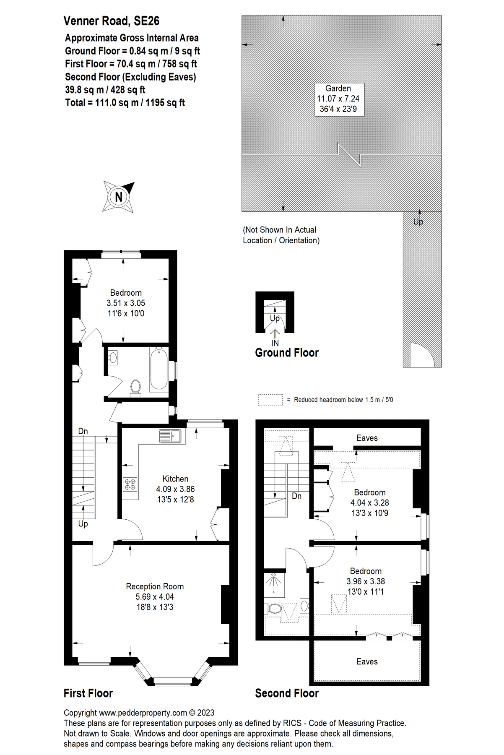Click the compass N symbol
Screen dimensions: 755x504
coord(119,196)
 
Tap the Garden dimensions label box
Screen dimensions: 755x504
coord(338,99)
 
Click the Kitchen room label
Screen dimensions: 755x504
coord(175,479)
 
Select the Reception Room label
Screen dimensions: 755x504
coord(155,586)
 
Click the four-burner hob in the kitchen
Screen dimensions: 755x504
coord(130,484)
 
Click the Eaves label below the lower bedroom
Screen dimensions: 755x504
coord(367,661)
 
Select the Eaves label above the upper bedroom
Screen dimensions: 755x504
coord(367,438)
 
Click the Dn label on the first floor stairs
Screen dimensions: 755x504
coord(83,431)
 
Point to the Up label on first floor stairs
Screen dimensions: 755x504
coord(83,524)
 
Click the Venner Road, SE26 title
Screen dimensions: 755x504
coord(112,21)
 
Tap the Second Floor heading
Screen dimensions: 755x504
coord(287,693)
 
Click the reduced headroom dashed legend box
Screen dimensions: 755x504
coord(270,400)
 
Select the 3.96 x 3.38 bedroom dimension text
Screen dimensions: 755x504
coord(366,581)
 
